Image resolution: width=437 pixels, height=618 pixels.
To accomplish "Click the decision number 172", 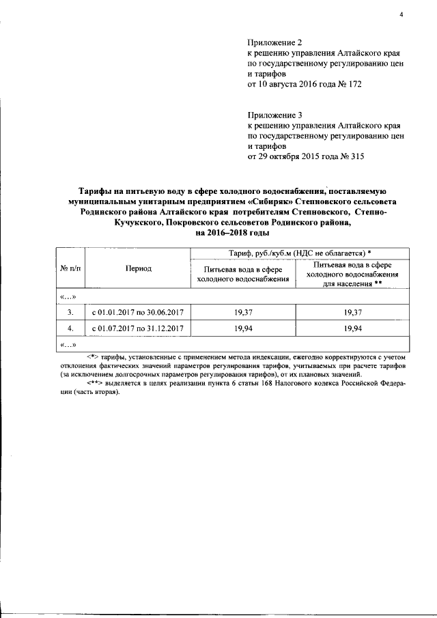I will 354,84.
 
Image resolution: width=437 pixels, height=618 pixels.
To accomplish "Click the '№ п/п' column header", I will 70,268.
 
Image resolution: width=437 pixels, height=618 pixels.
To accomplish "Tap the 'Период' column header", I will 139,268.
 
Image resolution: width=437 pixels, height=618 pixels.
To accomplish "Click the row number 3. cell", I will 70,312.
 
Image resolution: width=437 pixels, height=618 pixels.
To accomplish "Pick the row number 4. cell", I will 70,328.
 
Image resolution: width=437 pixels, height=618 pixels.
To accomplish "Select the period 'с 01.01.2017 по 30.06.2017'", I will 139,312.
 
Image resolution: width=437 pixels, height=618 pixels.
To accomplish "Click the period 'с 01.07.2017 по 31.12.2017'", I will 139,328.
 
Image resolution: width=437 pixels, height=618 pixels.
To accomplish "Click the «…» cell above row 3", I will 69,296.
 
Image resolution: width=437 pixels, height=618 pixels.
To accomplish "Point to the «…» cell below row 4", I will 69,344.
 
